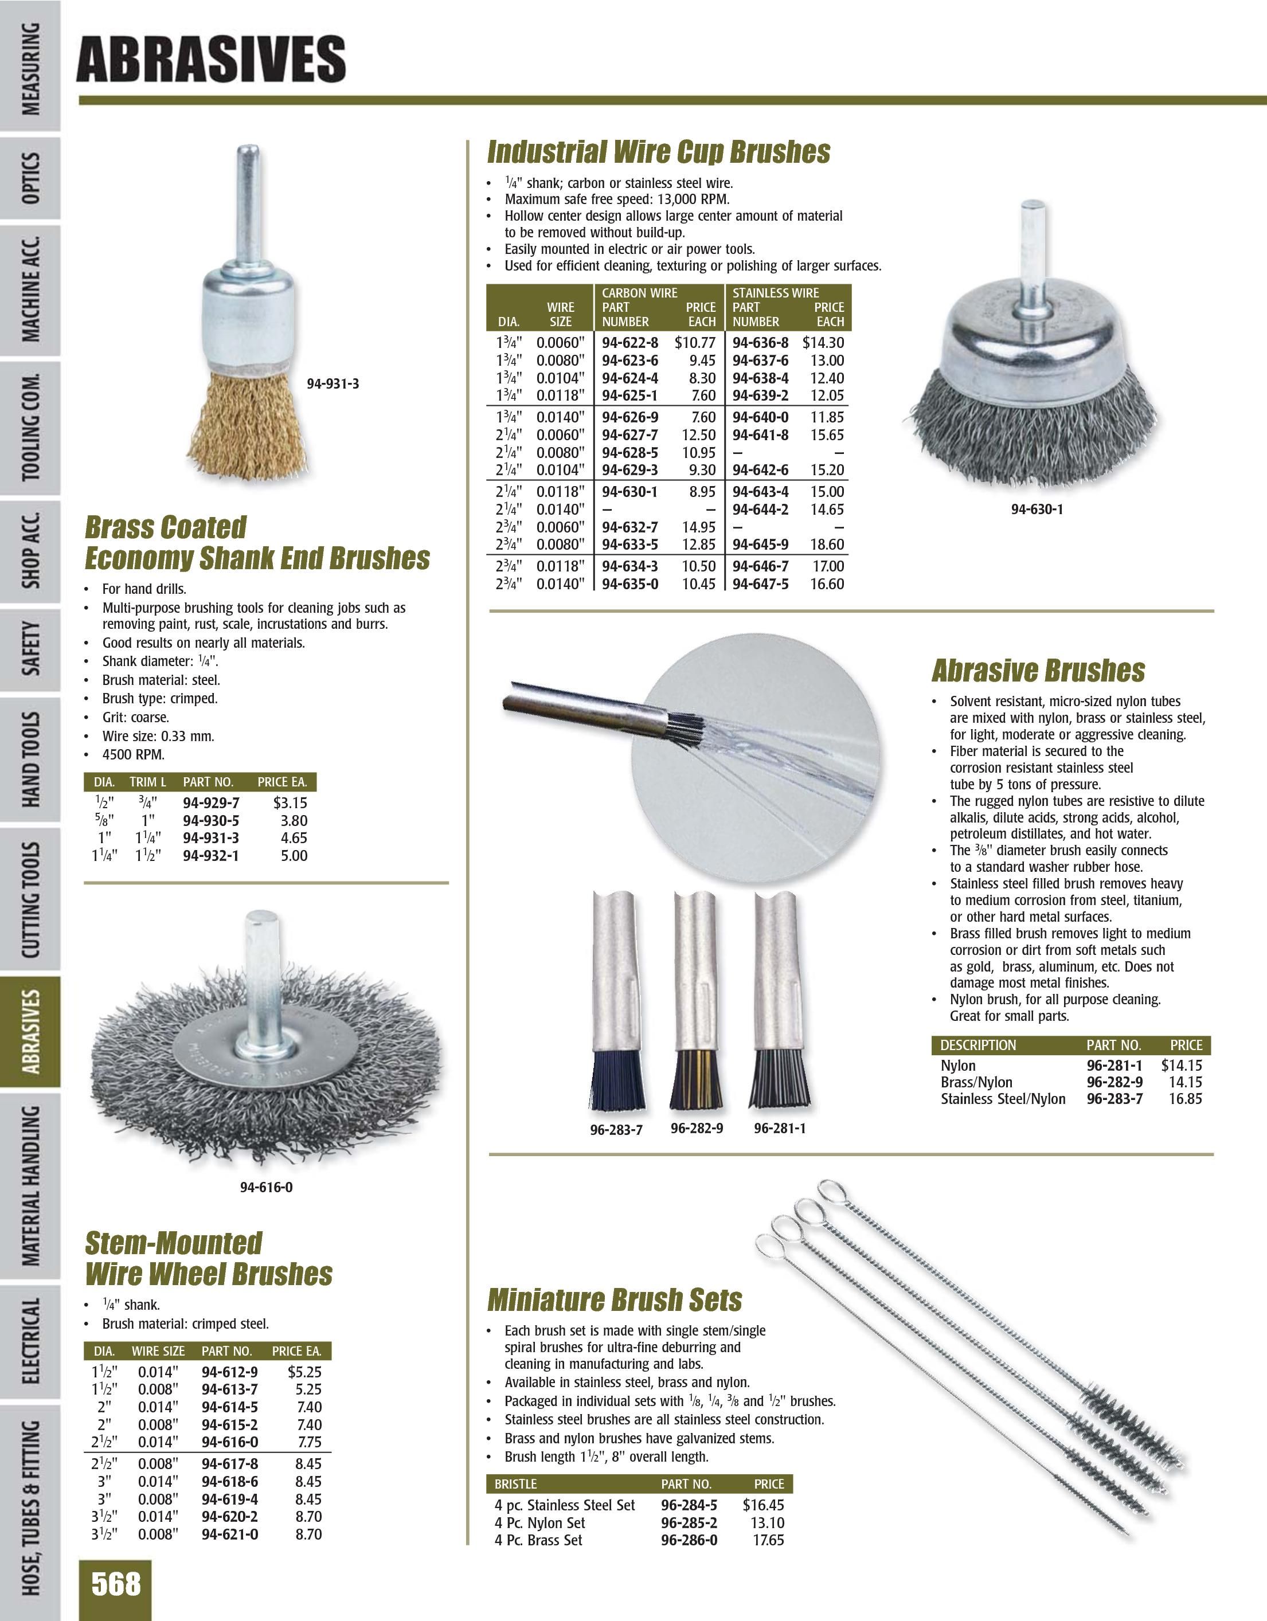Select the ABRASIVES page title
click(x=211, y=60)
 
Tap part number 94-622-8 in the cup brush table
click(x=629, y=343)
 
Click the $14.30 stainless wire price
click(x=823, y=343)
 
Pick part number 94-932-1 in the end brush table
click(x=211, y=855)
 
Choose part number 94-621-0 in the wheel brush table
click(x=230, y=1533)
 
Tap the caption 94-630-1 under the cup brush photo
click(x=1037, y=510)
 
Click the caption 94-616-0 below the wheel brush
click(x=265, y=1188)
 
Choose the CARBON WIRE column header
click(x=639, y=293)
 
